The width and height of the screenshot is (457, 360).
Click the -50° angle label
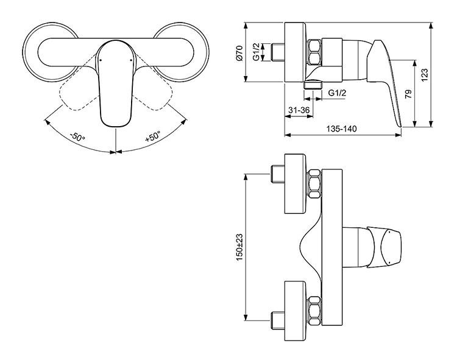(77, 136)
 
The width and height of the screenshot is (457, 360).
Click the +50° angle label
(153, 136)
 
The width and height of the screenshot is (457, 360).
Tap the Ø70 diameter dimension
(239, 53)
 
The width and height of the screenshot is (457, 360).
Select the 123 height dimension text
(425, 74)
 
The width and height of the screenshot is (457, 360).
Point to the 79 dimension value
(408, 93)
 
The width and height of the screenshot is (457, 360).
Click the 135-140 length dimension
(341, 129)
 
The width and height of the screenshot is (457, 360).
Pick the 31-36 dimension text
(299, 110)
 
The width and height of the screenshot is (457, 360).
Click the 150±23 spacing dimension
(239, 247)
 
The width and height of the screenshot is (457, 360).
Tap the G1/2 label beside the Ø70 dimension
(257, 52)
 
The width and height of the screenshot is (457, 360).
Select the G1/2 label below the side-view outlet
(337, 93)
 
